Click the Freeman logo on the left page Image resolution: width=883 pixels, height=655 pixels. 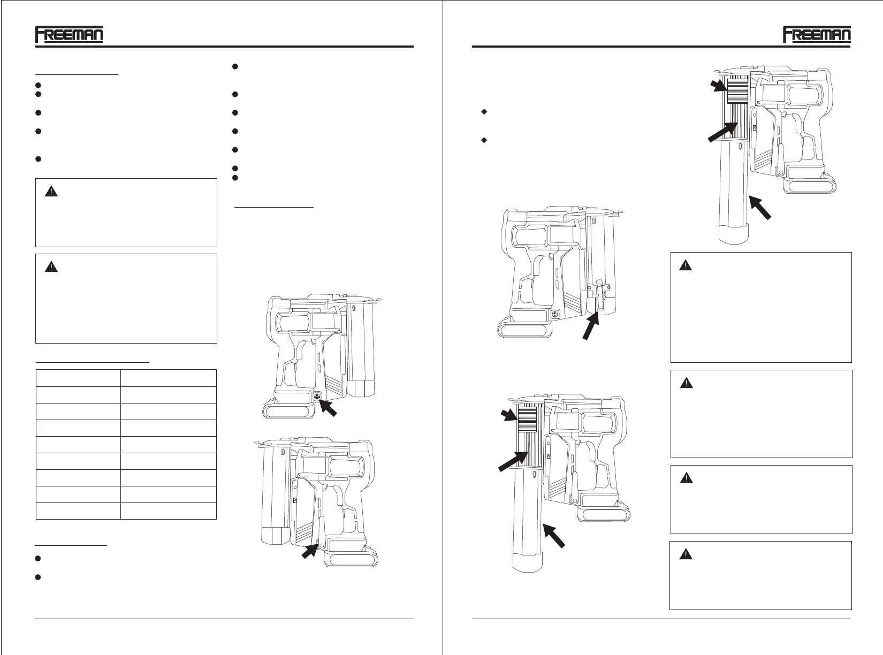tap(69, 35)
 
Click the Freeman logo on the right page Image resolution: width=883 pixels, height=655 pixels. tap(817, 35)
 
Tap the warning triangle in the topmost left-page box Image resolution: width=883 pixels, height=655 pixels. tap(51, 192)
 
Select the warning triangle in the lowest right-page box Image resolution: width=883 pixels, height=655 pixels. tap(686, 554)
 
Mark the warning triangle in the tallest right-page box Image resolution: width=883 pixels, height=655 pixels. tap(686, 265)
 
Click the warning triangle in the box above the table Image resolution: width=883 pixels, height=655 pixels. tap(51, 266)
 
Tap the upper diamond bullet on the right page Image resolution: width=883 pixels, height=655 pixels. tap(484, 112)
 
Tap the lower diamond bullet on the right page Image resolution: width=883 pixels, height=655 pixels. tap(484, 140)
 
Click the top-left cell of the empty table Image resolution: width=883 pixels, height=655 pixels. tap(78, 378)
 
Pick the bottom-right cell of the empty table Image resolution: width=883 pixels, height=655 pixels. tap(168, 511)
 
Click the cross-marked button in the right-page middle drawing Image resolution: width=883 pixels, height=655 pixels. tap(555, 314)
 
